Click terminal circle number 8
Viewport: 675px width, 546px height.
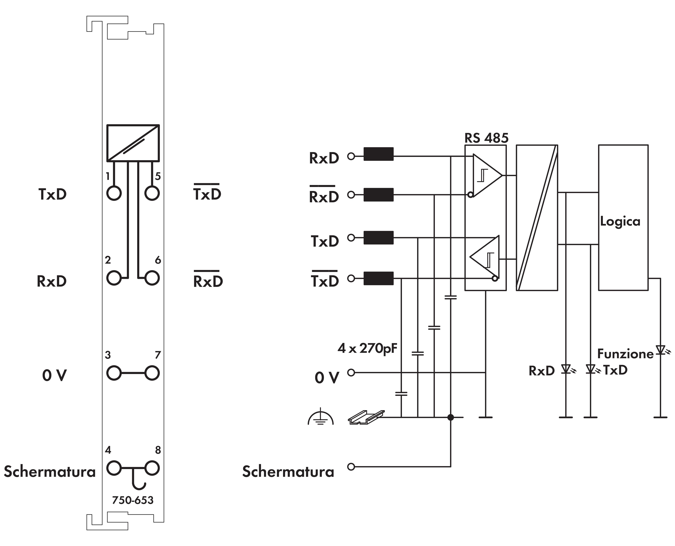point(152,468)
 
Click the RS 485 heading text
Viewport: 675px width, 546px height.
point(486,138)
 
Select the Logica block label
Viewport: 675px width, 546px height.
point(620,221)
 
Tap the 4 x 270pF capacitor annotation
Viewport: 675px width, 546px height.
point(367,348)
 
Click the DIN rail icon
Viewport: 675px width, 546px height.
point(366,417)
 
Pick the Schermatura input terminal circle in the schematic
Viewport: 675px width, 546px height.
point(351,467)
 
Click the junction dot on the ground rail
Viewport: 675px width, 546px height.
point(451,417)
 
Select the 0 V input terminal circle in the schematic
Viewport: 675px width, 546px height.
point(351,373)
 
